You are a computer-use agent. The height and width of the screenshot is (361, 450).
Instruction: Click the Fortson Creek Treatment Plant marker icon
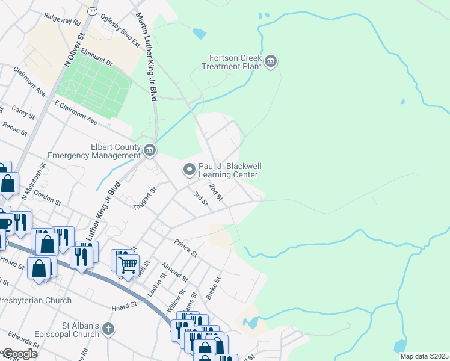point(271,62)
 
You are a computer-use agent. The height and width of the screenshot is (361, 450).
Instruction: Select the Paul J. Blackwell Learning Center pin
point(190,170)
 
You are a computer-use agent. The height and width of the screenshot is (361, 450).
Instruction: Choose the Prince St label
point(186,248)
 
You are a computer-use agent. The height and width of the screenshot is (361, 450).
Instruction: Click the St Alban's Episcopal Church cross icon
point(108,329)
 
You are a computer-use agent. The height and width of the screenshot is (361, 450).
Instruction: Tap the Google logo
point(19,354)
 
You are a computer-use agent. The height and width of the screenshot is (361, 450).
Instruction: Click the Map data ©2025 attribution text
point(424,356)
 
